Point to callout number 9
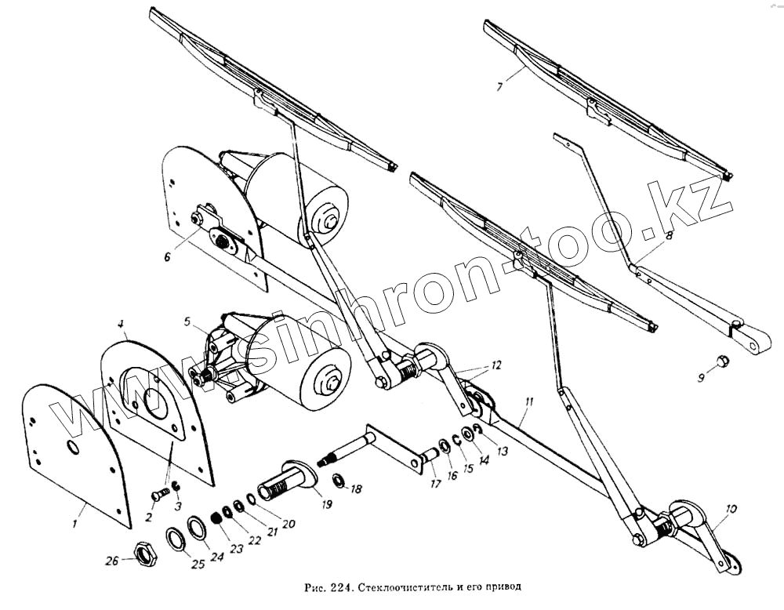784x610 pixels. pos(702,378)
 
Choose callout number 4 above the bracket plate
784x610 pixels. pos(122,323)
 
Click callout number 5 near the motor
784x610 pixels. pos(187,321)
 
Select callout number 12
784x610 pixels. pos(495,365)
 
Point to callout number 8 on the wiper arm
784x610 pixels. pos(669,234)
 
